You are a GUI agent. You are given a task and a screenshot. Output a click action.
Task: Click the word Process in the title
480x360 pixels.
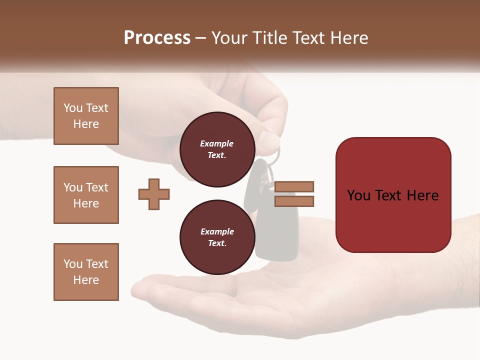pyautogui.click(x=157, y=38)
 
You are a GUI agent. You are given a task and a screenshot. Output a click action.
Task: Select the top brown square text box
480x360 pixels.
pyautogui.click(x=86, y=116)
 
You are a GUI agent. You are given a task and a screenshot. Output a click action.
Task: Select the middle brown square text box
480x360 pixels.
pyautogui.click(x=86, y=195)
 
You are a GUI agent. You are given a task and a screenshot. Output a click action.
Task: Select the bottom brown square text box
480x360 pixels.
pyautogui.click(x=86, y=272)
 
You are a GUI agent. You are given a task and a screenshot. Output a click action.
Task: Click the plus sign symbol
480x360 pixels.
pyautogui.click(x=154, y=194)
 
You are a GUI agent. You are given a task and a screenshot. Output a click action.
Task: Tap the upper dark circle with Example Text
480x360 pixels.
pyautogui.click(x=217, y=149)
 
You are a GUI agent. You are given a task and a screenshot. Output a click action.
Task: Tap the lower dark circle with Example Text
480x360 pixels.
pyautogui.click(x=217, y=237)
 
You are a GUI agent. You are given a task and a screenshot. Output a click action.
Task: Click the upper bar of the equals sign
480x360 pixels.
pyautogui.click(x=294, y=186)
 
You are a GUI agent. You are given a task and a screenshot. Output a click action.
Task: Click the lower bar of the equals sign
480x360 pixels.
pyautogui.click(x=294, y=201)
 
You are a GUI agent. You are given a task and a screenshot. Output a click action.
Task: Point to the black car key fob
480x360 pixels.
pyautogui.click(x=276, y=235)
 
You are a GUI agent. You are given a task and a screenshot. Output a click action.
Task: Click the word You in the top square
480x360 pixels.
pyautogui.click(x=73, y=108)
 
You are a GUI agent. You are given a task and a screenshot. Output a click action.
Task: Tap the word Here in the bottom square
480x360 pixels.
pyautogui.click(x=86, y=280)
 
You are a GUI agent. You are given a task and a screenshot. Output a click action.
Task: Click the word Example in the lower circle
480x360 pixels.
pyautogui.click(x=217, y=231)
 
